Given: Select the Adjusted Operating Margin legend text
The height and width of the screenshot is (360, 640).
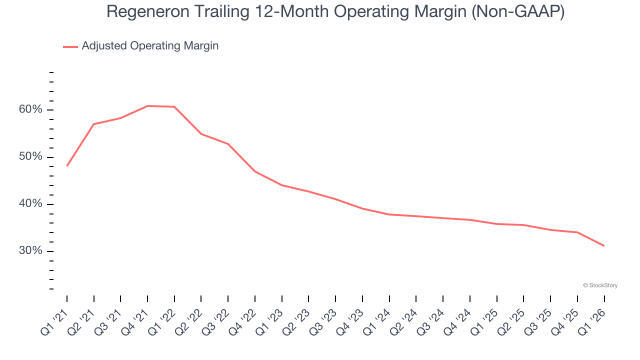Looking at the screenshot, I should point(150,46).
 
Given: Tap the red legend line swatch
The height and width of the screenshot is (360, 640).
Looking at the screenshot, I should point(70,46).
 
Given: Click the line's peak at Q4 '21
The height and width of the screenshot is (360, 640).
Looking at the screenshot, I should point(147,106).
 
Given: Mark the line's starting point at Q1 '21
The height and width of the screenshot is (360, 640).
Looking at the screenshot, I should point(67,165).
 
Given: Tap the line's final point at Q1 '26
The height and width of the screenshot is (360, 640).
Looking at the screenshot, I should point(604,245).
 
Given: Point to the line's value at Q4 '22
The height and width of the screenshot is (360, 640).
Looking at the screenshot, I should point(255,171).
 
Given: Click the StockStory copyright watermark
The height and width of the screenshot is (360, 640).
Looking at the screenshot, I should point(600,285).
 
